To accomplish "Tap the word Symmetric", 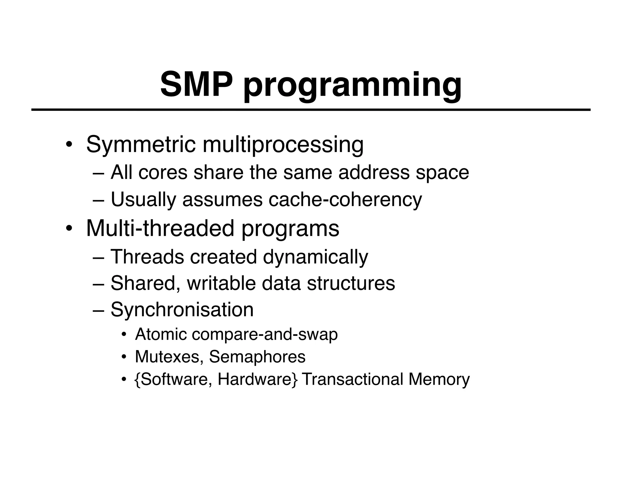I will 141,145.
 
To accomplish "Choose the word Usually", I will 143,200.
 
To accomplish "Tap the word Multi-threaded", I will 160,228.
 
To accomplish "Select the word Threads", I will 147,257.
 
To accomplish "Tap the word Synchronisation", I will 182,310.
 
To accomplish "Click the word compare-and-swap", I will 265,334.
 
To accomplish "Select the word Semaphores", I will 257,357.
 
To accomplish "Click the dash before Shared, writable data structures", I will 98,284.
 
